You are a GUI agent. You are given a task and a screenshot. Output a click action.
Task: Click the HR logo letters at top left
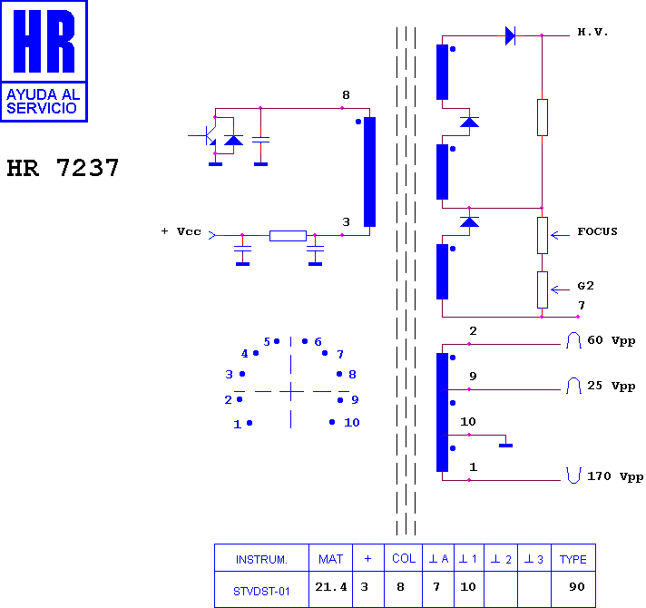coord(44,41)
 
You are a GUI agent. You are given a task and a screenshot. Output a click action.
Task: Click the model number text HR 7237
coord(63,168)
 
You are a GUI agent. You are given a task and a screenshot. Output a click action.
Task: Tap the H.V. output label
coord(592,32)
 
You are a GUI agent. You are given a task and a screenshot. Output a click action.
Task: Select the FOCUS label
coord(597,231)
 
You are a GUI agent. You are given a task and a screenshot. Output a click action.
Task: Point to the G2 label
coord(585,286)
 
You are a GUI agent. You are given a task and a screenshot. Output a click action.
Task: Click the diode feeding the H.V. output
coord(510,35)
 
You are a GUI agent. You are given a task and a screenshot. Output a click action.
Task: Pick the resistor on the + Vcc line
coord(288,236)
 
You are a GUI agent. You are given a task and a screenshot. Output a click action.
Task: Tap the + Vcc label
coord(181,231)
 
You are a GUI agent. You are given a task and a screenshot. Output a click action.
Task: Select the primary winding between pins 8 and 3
coord(369,172)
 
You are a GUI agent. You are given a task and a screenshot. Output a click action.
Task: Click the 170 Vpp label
coord(614,476)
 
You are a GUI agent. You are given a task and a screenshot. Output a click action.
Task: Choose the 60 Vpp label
coord(611,340)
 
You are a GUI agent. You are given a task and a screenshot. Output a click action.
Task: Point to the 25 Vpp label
coord(611,386)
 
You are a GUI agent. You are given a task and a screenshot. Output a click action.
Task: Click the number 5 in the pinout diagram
coord(267,342)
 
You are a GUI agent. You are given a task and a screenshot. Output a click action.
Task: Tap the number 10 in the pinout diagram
coord(352,423)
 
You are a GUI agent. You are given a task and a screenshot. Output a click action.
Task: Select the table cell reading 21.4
coord(331,587)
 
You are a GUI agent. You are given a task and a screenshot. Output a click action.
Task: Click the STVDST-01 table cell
coord(261,592)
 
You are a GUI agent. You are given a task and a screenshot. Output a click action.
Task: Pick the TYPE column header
coord(573,559)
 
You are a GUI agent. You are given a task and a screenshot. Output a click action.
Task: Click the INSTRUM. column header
coord(261,559)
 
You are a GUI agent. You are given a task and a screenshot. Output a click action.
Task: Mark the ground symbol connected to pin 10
coord(506,446)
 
